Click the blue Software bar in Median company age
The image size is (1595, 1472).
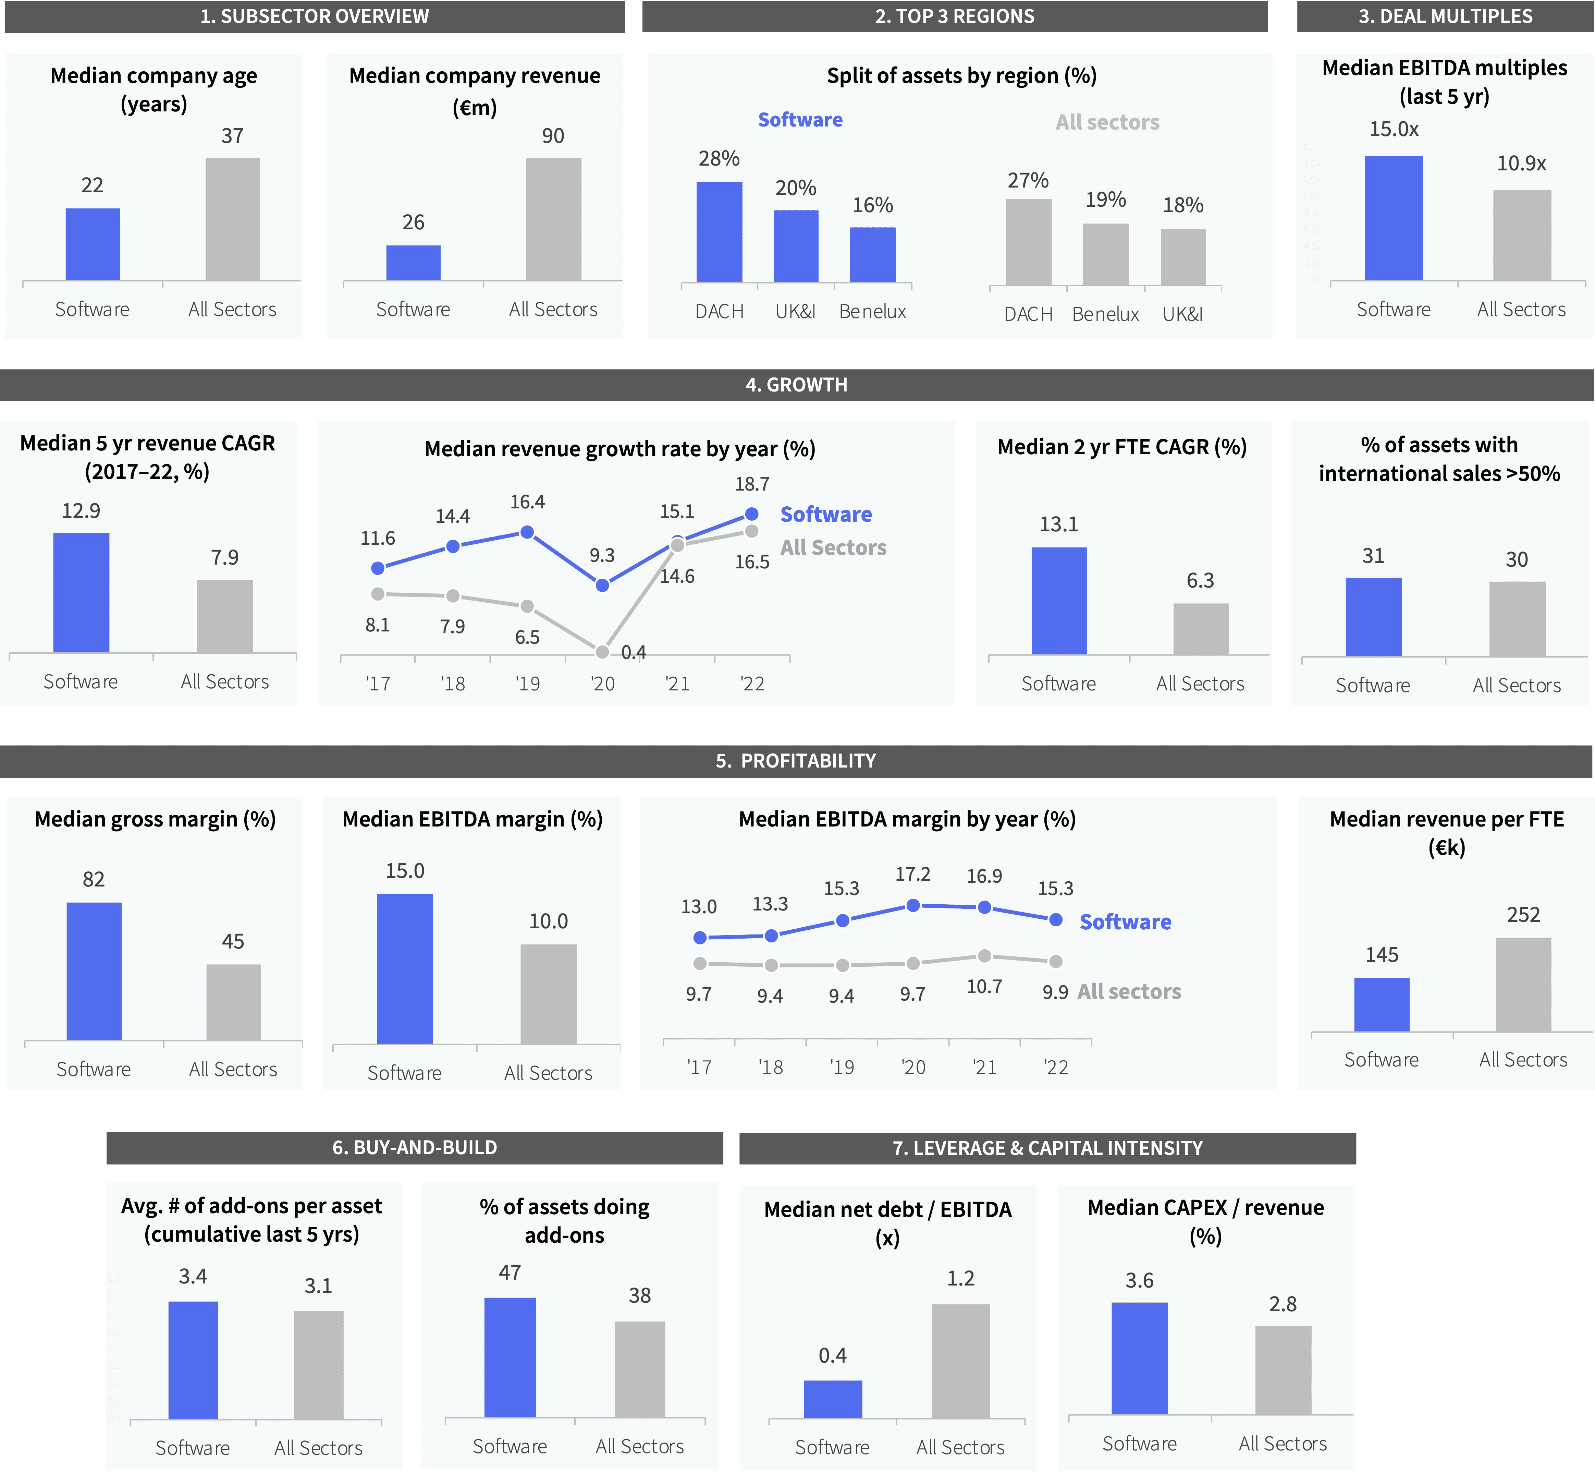[93, 244]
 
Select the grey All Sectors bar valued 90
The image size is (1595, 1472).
[553, 219]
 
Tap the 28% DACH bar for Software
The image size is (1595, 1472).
[719, 232]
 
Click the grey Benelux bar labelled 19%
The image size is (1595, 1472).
[1105, 254]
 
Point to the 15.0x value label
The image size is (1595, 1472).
[1394, 129]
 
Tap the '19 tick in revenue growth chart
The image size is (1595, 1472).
[527, 684]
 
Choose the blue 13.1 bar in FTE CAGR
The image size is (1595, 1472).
[1058, 601]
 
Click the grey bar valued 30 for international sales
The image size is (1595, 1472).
[1517, 619]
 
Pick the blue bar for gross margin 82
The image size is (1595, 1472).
[94, 971]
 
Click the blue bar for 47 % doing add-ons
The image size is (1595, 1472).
[510, 1357]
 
